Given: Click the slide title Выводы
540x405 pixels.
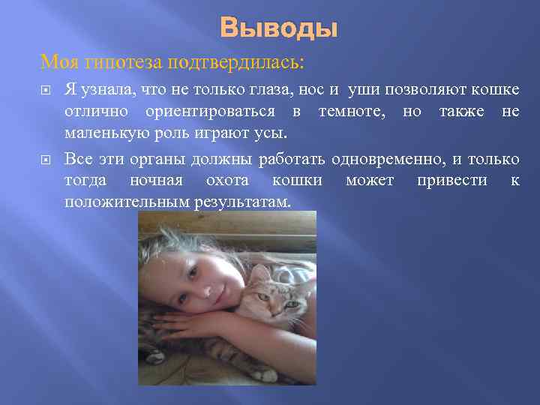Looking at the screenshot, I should [x=279, y=28].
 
